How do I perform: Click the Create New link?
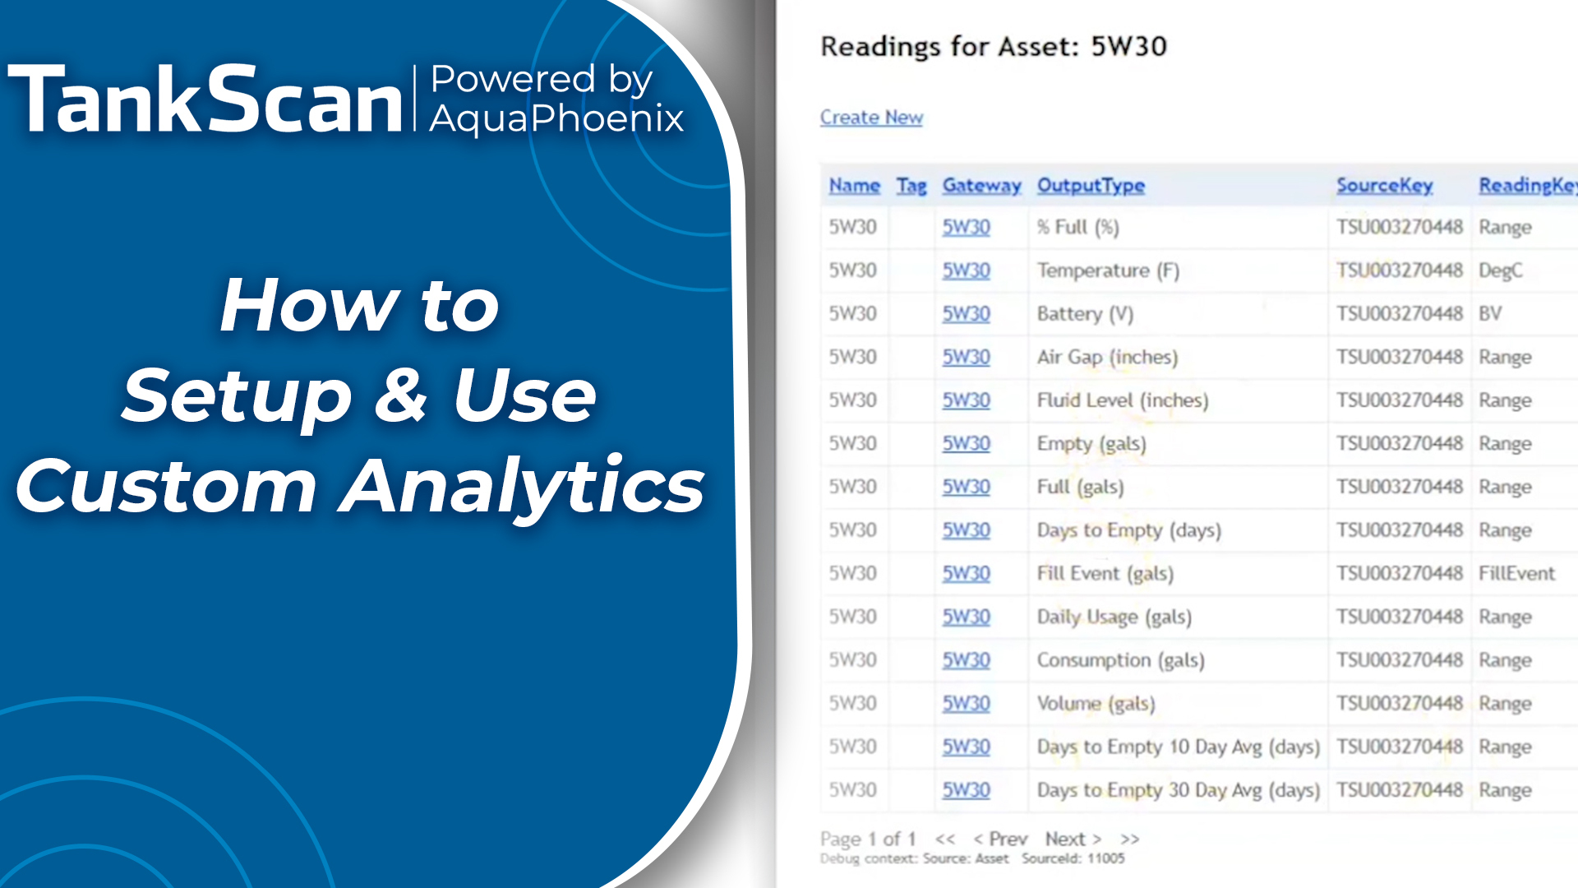tap(871, 118)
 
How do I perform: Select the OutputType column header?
tap(1091, 186)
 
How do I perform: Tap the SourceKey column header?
tap(1384, 186)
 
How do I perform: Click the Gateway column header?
tap(981, 186)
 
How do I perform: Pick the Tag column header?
tap(911, 186)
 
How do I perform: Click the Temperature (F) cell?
tap(1108, 271)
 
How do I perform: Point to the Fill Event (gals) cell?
tap(1105, 573)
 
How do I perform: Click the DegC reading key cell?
tap(1500, 271)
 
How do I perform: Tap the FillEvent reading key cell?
tap(1516, 573)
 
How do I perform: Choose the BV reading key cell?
tap(1490, 314)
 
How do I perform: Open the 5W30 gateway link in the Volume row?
tap(966, 703)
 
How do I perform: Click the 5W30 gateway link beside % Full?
tap(966, 227)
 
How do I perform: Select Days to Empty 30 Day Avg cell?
tap(1178, 790)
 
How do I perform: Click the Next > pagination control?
tap(1073, 839)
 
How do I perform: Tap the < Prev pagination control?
tap(1000, 839)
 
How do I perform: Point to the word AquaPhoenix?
tap(556, 118)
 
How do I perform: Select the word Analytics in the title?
tap(523, 487)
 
